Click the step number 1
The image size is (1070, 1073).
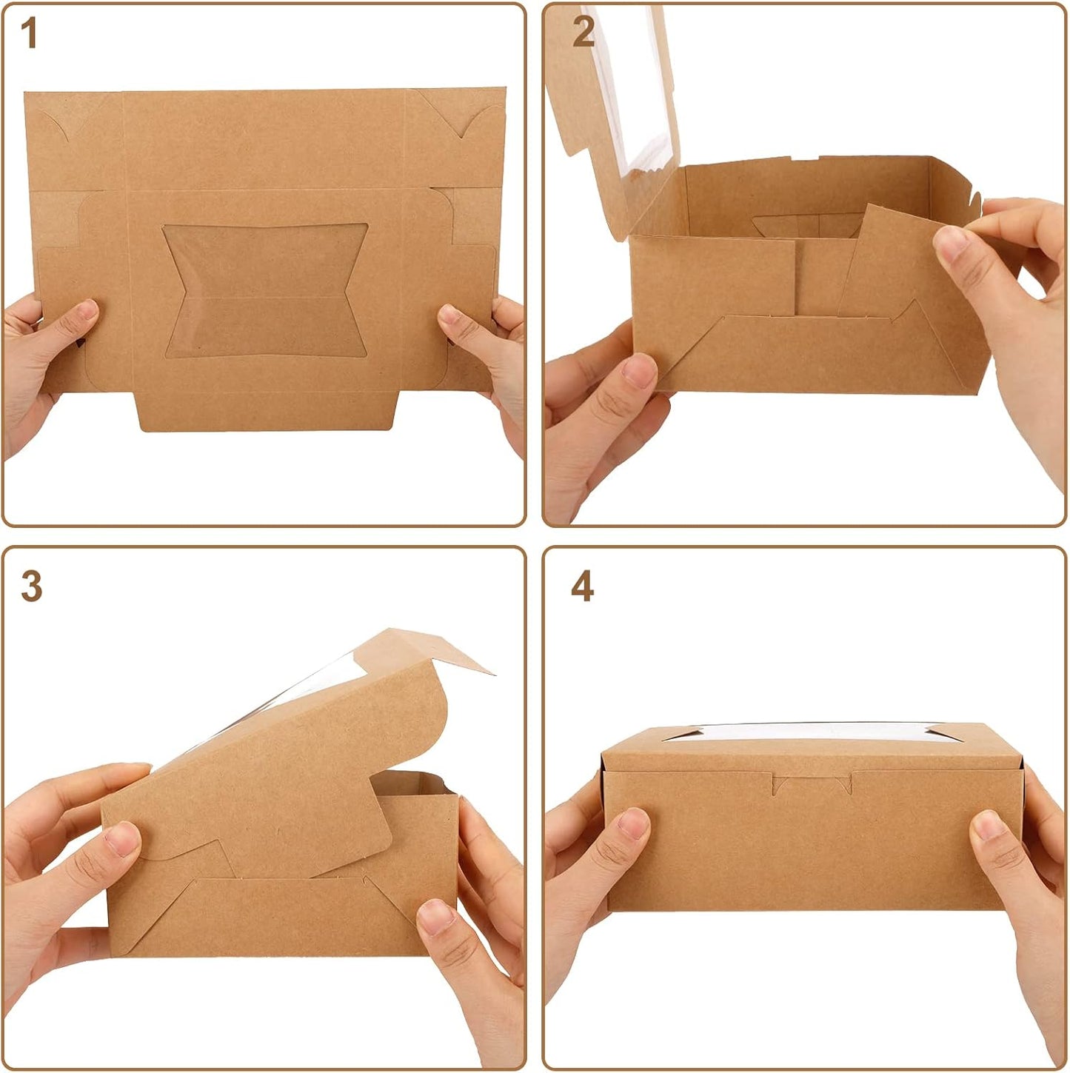click(x=28, y=33)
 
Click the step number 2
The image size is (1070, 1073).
click(x=584, y=32)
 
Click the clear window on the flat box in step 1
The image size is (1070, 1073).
click(x=266, y=290)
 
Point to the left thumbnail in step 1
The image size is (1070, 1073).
click(x=87, y=310)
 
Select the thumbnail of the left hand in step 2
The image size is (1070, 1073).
click(x=639, y=370)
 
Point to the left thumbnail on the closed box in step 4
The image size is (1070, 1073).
click(x=633, y=824)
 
